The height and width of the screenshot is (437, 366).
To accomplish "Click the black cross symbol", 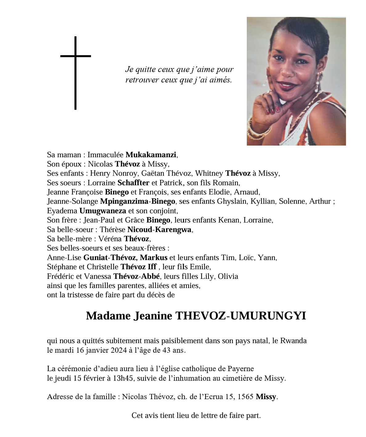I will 75,73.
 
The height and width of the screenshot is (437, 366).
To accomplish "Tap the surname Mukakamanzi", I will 151,155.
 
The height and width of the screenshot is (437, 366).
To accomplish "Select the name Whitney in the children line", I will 209,173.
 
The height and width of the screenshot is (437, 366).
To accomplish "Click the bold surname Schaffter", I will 133,183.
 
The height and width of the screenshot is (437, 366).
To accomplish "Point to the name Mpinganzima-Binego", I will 138,201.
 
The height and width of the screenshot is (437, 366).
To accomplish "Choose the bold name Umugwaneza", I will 103,211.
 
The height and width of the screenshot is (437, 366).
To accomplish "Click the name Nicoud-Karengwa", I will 159,230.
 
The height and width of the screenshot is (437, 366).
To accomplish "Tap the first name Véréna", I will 110,239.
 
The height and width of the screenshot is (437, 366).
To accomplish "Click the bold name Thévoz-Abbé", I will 136,276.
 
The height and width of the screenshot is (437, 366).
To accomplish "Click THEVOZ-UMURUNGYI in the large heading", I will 240,316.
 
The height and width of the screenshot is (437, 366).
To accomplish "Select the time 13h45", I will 123,378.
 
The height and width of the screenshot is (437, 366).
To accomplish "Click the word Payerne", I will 241,369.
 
